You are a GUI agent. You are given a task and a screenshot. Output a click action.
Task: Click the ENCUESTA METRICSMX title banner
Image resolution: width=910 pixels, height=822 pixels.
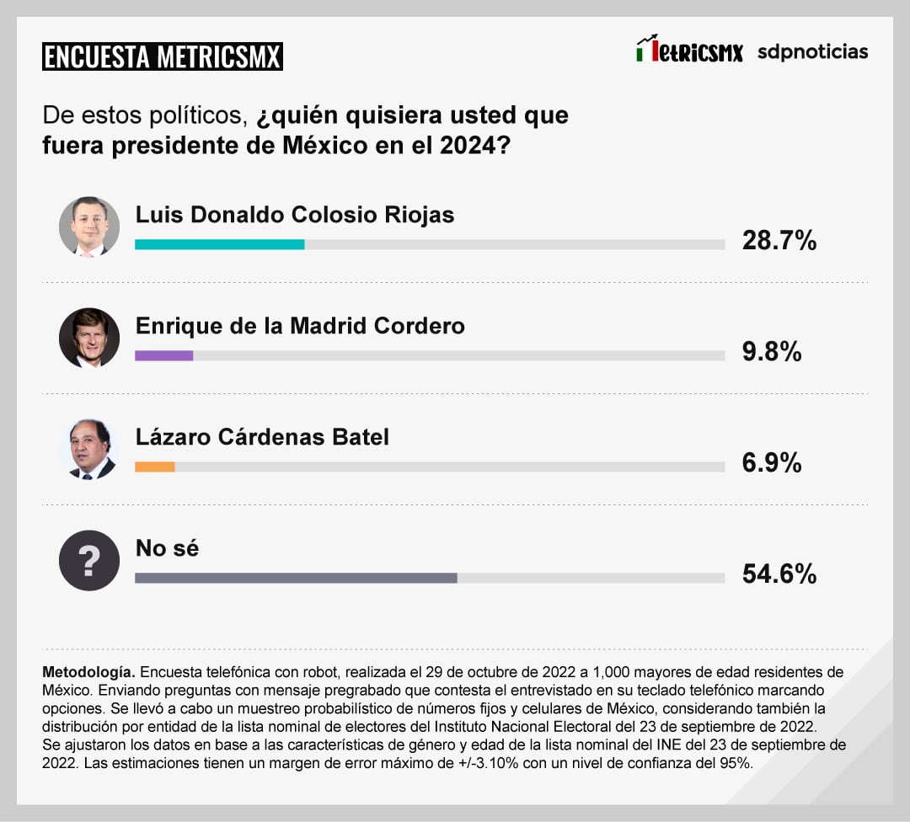click(162, 56)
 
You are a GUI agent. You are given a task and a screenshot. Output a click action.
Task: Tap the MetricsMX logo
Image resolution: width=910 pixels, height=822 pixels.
click(689, 51)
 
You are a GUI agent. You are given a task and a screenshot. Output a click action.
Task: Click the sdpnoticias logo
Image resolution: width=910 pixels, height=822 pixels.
click(812, 51)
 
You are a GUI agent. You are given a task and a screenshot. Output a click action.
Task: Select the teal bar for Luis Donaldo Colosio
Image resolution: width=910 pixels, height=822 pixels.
click(219, 244)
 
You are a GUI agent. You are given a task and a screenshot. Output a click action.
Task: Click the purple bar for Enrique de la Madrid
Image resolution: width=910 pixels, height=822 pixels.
click(164, 355)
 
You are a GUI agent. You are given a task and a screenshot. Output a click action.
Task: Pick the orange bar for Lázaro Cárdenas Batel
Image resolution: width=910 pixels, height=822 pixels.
click(155, 467)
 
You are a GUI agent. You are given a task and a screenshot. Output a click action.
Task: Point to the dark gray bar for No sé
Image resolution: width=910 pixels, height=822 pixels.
click(296, 578)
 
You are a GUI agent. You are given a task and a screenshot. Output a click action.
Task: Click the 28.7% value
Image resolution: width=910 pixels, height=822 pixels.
click(779, 241)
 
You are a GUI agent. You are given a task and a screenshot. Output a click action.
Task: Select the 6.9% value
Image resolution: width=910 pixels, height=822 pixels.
click(771, 462)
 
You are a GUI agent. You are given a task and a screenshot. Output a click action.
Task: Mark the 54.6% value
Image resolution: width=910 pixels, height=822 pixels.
click(779, 574)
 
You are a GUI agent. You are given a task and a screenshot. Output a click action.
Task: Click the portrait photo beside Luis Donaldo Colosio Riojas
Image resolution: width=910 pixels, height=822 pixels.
click(89, 227)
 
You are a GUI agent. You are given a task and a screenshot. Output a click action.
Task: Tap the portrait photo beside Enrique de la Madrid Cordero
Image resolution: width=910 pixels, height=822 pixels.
click(89, 338)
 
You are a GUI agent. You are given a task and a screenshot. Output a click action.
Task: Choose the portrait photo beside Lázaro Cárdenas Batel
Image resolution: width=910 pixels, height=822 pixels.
click(89, 449)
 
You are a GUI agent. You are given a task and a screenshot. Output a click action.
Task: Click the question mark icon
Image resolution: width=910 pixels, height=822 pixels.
click(89, 560)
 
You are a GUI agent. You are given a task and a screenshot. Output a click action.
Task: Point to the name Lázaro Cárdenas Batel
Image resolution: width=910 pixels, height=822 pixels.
click(262, 436)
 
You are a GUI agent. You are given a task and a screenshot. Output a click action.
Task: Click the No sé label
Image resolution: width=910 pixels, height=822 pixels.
click(167, 548)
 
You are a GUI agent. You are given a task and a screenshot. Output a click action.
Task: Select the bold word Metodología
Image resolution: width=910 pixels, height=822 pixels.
click(88, 673)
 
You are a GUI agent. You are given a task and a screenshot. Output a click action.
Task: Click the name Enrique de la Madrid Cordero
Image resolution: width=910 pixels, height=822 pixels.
click(300, 325)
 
